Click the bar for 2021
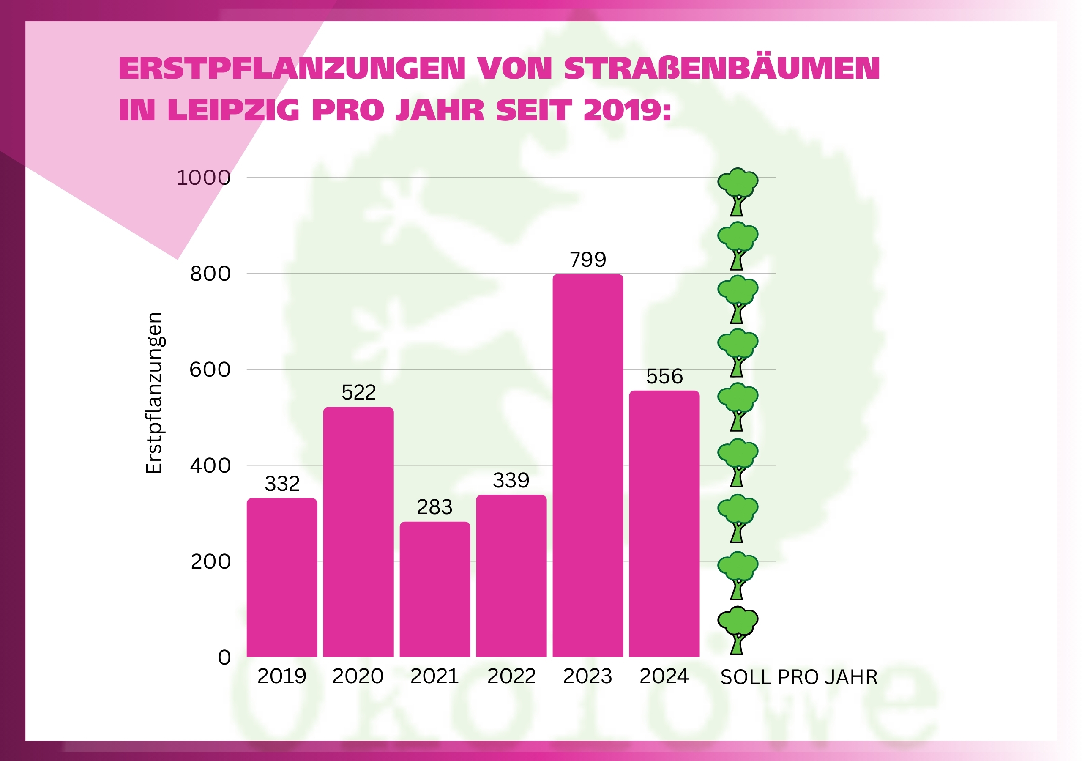point(434,589)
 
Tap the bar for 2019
point(282,577)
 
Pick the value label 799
point(587,260)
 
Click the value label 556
point(664,377)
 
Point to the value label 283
point(434,507)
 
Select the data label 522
point(358,393)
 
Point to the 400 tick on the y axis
point(210,466)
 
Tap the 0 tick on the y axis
point(224,657)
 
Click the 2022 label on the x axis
point(511,676)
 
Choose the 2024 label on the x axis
point(664,676)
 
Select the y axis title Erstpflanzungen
point(154,393)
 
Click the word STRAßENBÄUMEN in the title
point(721,69)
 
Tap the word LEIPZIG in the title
point(233,110)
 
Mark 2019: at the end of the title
point(627,110)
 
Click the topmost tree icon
point(738,192)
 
